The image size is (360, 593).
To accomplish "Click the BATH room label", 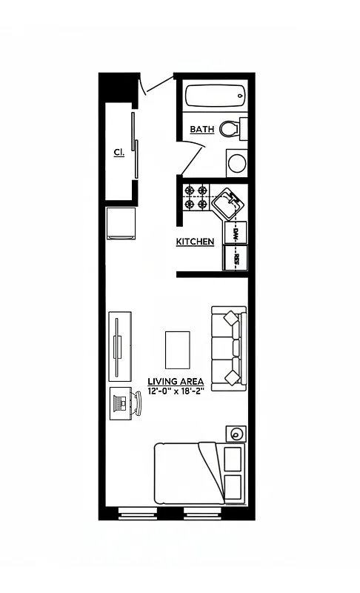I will [x=201, y=129].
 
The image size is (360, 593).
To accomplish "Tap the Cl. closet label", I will [x=119, y=152].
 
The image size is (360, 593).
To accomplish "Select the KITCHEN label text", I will [x=195, y=242].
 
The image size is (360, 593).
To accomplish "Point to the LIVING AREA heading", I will [x=176, y=382].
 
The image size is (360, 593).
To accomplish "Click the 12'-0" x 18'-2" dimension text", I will [x=176, y=391].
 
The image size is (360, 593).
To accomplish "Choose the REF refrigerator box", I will [x=236, y=259].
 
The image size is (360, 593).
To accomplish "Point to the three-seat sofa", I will [x=229, y=348].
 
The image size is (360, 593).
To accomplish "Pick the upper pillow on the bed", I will [x=233, y=458].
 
